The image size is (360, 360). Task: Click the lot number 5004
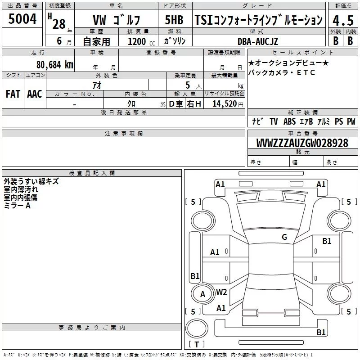pos(22,18)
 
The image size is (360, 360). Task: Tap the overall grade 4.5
pos(343,20)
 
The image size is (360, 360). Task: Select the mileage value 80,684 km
pos(54,65)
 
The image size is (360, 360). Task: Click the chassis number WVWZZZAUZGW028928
pos(302,143)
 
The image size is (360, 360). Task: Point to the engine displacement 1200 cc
pos(141,41)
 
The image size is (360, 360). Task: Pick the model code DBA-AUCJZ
pos(257,41)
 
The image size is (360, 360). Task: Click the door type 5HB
pos(174,20)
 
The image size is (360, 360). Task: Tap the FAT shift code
pos(13,94)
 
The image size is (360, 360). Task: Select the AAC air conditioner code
pos(35,94)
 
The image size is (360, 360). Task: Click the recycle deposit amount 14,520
pos(225,103)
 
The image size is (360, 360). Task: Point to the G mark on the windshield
pos(284,237)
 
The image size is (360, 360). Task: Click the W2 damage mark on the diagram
pos(221,292)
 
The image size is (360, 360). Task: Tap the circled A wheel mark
pos(202,294)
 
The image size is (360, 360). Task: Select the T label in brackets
pos(197,344)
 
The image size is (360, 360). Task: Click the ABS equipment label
pos(289,121)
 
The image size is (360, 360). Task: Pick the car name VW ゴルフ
pos(116,20)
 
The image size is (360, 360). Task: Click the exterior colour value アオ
pos(97,85)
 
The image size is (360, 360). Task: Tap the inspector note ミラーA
pos(17,206)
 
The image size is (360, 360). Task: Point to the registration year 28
pos(59,24)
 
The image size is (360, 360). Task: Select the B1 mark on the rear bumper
pos(321,332)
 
